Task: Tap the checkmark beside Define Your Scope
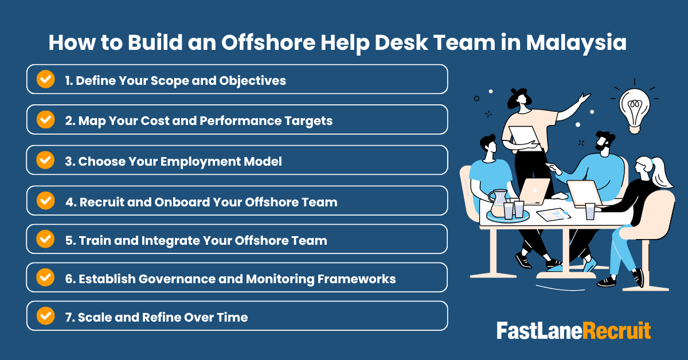(45, 79)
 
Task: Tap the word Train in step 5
(94, 240)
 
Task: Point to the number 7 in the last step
(68, 317)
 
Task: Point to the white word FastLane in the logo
(539, 331)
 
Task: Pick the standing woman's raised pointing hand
(584, 98)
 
